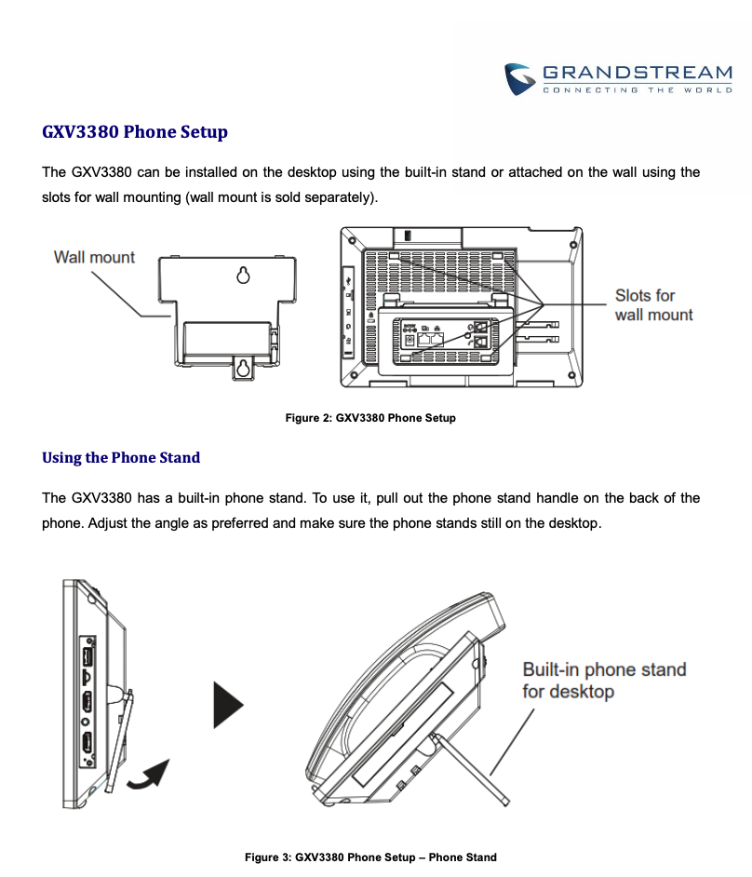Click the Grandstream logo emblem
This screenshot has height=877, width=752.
tap(520, 79)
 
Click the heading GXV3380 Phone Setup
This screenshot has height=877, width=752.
tap(135, 132)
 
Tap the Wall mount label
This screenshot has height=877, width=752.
tap(94, 257)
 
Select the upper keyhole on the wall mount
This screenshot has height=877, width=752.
tap(243, 276)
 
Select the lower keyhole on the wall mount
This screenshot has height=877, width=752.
tap(243, 368)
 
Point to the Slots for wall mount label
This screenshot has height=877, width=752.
tap(653, 304)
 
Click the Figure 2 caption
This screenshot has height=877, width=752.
tap(370, 418)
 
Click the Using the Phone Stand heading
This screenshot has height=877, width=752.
tap(121, 457)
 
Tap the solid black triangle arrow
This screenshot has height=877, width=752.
tap(229, 705)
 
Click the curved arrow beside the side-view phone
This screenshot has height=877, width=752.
tap(149, 775)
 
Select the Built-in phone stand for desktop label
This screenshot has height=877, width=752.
tap(604, 681)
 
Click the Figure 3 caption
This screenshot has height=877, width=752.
tap(370, 857)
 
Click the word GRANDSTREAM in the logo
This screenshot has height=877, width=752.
tap(638, 73)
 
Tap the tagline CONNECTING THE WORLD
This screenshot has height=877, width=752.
tap(638, 90)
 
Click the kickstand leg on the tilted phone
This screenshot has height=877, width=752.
tap(471, 770)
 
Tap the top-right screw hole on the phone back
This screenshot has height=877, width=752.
tap(573, 245)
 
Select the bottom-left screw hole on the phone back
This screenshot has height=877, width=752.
tap(354, 376)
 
